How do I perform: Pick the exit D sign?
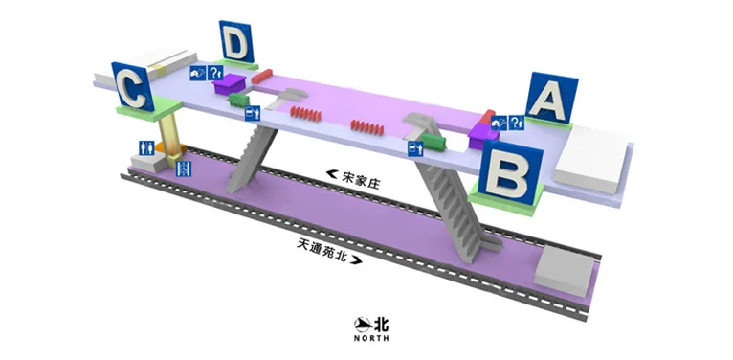coord(236,44)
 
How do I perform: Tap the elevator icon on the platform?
coord(184,168)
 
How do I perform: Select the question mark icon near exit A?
coord(517,122)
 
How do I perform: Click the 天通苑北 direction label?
coord(321,247)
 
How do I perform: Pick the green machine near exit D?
coord(239,100)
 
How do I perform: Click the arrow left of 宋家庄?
coord(332,174)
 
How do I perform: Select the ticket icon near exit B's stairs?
coord(414,149)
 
